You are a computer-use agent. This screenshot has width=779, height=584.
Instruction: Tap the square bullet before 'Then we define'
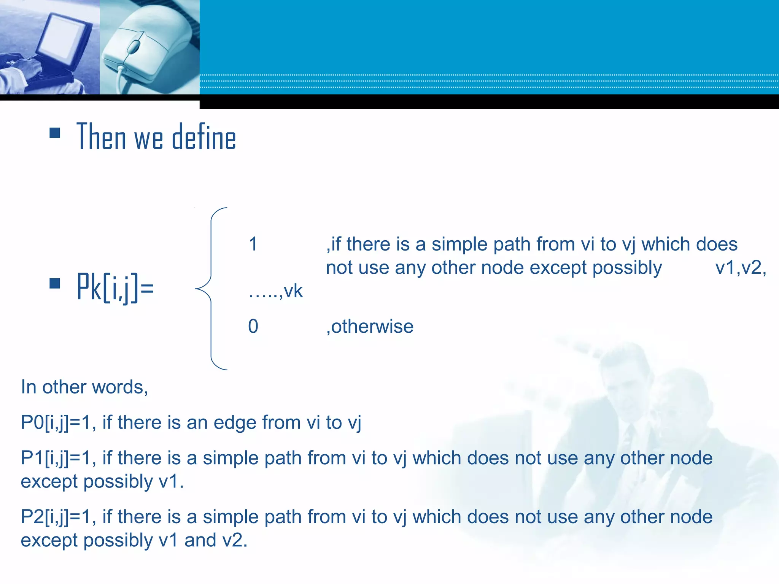[55, 133]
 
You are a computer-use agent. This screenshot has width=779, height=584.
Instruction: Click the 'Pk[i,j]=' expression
[115, 287]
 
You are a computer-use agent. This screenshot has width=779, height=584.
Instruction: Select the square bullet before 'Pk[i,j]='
[55, 284]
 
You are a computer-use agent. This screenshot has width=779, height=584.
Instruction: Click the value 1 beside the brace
[253, 244]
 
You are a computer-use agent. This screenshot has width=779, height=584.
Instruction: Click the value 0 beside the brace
[253, 326]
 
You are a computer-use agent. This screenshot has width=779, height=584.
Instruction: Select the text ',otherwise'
[370, 326]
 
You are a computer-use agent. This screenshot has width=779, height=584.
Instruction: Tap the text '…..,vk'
[275, 292]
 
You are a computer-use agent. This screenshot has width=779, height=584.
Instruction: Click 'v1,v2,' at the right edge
[741, 268]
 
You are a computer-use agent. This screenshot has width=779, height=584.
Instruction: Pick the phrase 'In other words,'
[84, 387]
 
